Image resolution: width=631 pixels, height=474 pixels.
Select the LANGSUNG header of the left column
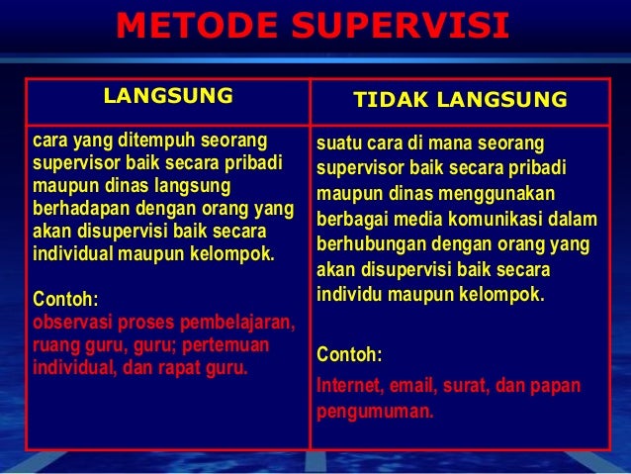point(168,96)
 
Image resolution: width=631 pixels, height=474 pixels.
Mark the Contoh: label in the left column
point(66,300)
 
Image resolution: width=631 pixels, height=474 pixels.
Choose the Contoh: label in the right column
point(349,355)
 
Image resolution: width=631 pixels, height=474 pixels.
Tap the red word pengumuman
point(374,411)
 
